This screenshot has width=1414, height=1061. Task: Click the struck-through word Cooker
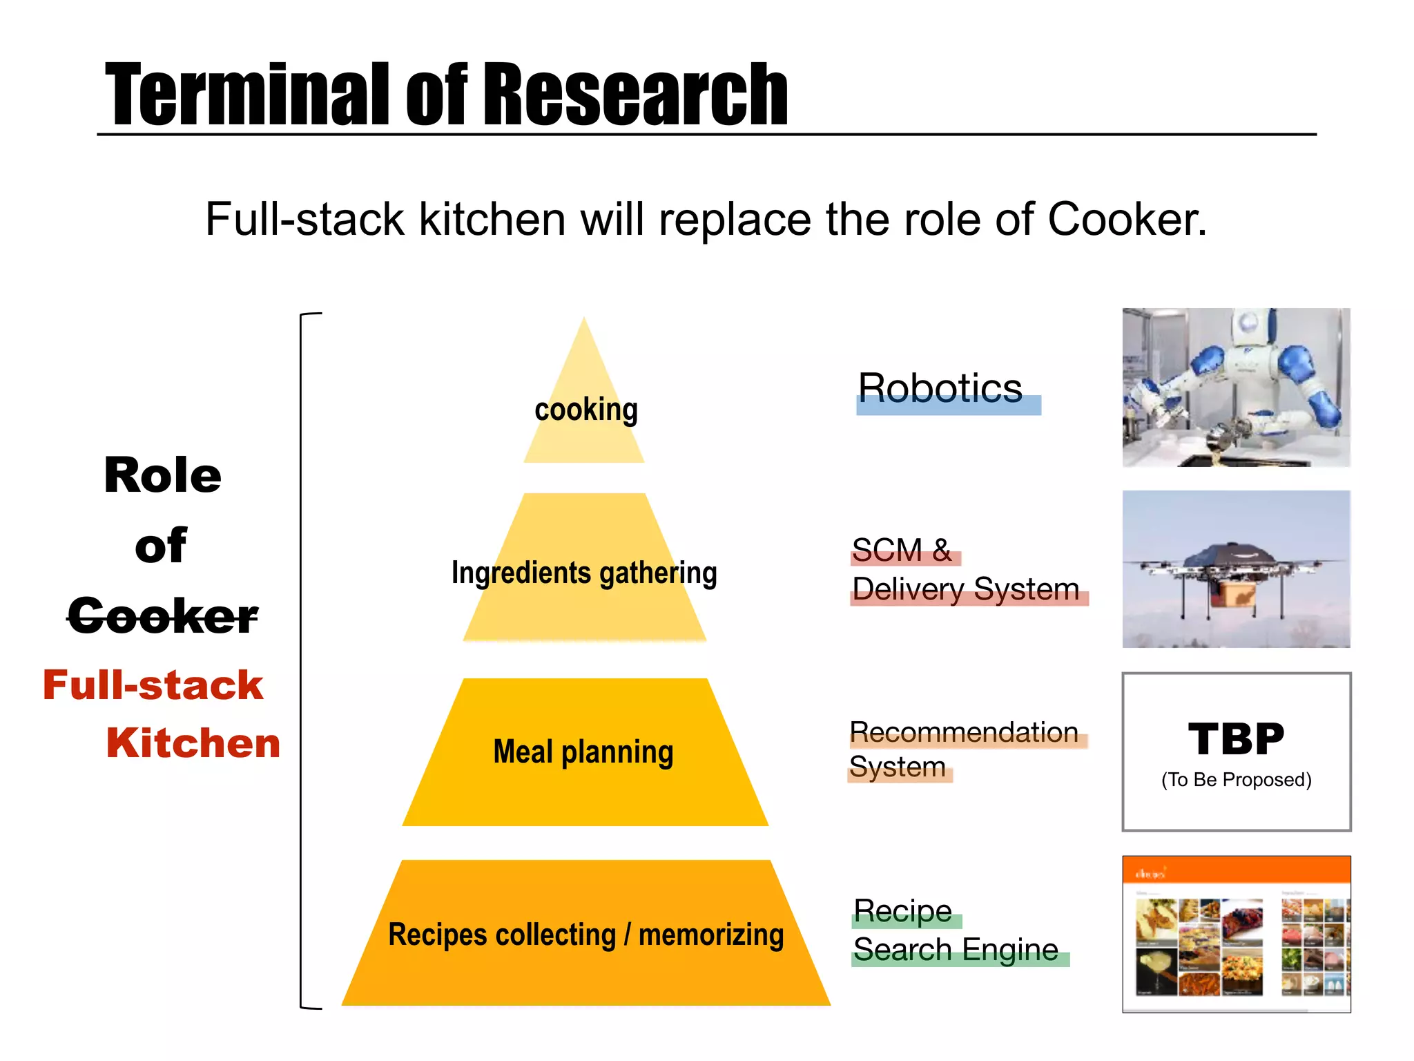(x=163, y=615)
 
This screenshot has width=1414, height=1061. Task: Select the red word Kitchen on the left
(x=193, y=743)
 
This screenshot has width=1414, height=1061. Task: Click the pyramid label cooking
(x=586, y=410)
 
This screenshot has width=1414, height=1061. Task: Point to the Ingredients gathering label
(x=584, y=573)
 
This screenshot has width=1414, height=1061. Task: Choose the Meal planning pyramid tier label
(x=583, y=752)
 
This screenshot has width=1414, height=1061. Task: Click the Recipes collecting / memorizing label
(x=586, y=935)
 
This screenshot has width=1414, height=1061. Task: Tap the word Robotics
(x=940, y=388)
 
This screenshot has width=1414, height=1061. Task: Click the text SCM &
(x=901, y=551)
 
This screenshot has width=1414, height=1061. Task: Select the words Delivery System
(x=966, y=589)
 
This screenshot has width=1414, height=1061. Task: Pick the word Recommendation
(x=964, y=732)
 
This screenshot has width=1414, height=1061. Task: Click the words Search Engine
(x=956, y=949)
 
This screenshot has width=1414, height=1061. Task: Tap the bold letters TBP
(x=1236, y=738)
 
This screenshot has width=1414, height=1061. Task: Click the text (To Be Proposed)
(x=1236, y=780)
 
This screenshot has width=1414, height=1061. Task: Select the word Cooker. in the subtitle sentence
(x=1127, y=220)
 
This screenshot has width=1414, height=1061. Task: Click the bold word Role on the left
(x=163, y=475)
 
